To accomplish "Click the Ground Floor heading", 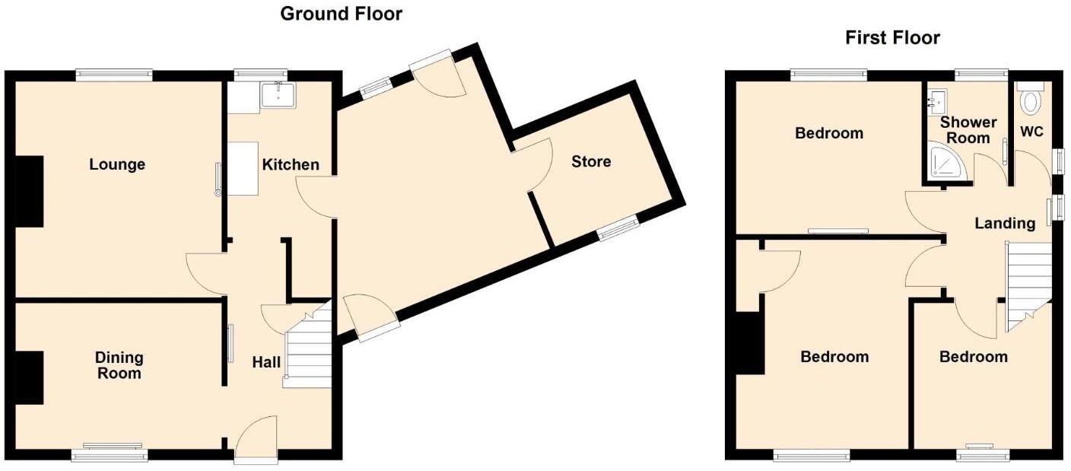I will (x=341, y=13).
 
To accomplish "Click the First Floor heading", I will (x=892, y=37).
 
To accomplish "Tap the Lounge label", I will (x=117, y=164).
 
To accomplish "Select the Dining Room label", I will (x=119, y=365).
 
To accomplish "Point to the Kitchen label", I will (x=291, y=164).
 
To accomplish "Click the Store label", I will (x=591, y=161).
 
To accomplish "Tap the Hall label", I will (x=266, y=363).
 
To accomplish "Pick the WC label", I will (x=1031, y=132).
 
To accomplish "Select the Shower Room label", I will (x=968, y=129).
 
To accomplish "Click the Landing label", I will (x=1005, y=223).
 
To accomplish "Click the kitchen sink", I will (x=278, y=95).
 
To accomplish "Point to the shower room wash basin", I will (x=936, y=100).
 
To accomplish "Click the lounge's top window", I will (x=114, y=75).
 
